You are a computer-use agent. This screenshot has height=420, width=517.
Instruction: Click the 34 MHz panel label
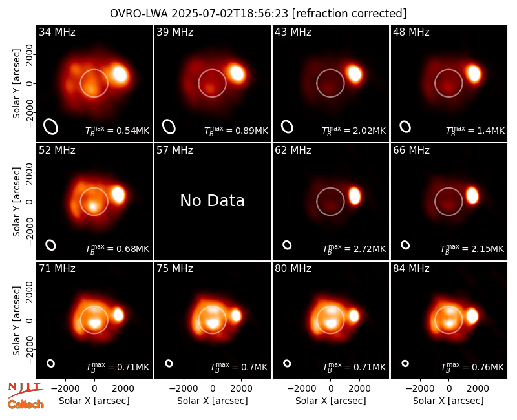click(x=57, y=32)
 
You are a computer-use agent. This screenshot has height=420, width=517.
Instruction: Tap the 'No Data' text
click(x=213, y=200)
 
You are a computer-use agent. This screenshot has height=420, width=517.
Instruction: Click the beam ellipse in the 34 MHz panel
click(x=51, y=127)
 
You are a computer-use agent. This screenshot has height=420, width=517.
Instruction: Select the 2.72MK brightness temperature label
click(x=353, y=249)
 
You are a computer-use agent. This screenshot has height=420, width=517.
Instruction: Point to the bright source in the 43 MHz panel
click(x=354, y=74)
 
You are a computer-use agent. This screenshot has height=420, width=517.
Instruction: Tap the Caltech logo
click(x=26, y=404)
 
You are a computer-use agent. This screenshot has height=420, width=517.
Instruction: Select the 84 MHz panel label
click(x=411, y=269)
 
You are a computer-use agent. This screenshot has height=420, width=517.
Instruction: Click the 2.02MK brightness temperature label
click(x=353, y=131)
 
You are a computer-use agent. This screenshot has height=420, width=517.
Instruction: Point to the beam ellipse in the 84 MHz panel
click(x=405, y=363)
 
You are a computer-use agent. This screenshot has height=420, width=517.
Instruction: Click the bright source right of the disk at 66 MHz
click(x=472, y=196)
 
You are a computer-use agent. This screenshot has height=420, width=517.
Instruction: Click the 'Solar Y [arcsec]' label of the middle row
click(x=17, y=202)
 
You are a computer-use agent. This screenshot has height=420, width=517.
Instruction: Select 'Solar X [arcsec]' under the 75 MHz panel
click(x=213, y=401)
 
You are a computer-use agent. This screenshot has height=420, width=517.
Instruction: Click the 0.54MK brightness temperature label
click(x=118, y=131)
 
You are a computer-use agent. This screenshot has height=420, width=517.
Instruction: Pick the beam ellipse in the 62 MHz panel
click(x=287, y=245)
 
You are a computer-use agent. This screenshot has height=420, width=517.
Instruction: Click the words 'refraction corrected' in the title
click(x=350, y=14)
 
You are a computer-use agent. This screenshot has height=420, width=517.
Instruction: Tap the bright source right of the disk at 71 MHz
click(x=118, y=315)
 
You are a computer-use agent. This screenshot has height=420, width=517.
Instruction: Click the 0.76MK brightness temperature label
click(x=472, y=367)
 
